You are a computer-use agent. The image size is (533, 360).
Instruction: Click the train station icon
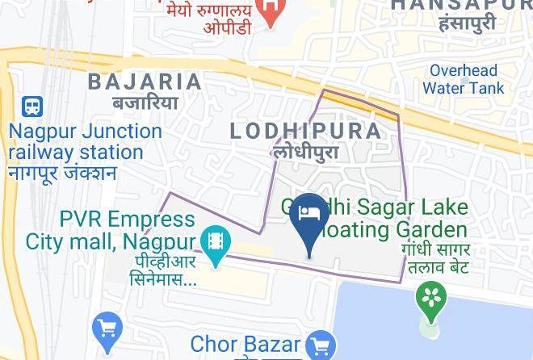pyautogui.click(x=32, y=106)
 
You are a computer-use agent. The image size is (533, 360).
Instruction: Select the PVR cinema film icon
pyautogui.click(x=216, y=241)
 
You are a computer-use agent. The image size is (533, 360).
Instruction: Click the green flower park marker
pyautogui.click(x=432, y=296)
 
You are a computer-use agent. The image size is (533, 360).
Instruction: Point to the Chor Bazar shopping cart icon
pyautogui.click(x=321, y=345)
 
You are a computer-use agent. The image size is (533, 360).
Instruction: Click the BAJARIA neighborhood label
pyautogui.click(x=145, y=82)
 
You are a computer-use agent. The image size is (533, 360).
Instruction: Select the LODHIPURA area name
pyautogui.click(x=305, y=131)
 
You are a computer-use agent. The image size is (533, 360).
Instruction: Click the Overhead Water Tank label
pyautogui.click(x=463, y=79)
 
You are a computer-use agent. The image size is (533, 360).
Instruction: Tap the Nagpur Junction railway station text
pyautogui.click(x=85, y=141)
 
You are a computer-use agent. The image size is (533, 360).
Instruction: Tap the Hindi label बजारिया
pyautogui.click(x=145, y=103)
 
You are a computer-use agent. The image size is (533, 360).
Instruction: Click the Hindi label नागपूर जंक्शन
pyautogui.click(x=62, y=173)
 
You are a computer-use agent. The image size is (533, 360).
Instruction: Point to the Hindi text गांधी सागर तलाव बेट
pyautogui.click(x=436, y=257)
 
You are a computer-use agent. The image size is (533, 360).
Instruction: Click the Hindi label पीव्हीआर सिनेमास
pyautogui.click(x=162, y=270)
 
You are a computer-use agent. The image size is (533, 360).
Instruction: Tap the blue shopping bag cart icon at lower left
pyautogui.click(x=107, y=329)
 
